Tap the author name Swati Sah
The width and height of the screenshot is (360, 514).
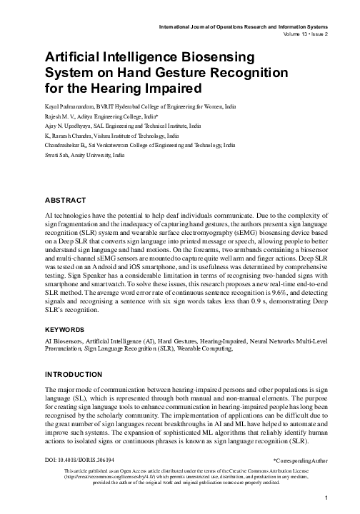tap(56, 153)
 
